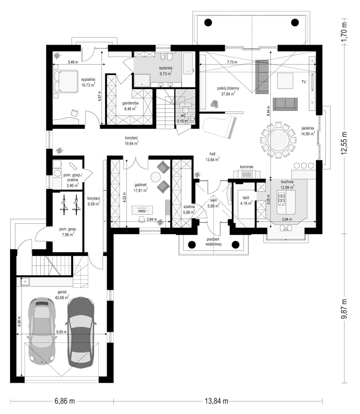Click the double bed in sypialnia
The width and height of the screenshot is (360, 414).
pos(66,81)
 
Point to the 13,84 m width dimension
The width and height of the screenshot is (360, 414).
pos(217,401)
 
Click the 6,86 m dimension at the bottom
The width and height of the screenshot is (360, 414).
pos(65,401)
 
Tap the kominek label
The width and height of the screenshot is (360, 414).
pos(247,167)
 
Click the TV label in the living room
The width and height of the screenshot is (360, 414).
pos(304,82)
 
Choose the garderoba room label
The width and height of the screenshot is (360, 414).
pos(130,103)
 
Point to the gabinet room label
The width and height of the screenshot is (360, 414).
pos(140,185)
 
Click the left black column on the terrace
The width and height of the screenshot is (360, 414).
pos(208,22)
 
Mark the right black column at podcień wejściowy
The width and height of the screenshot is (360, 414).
pos(235,245)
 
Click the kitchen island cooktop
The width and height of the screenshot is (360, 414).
pos(281,199)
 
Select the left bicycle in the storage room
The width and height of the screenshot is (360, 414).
pos(64,204)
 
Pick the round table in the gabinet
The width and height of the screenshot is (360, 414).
pos(155,176)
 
